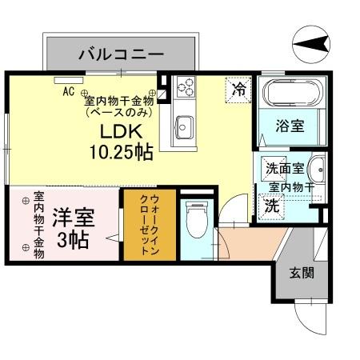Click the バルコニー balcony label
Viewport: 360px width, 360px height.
(122, 54)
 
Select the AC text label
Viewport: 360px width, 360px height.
(69, 91)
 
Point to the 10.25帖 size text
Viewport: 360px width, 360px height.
(121, 152)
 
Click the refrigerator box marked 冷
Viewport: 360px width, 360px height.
(238, 89)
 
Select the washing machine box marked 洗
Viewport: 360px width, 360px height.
(272, 204)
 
